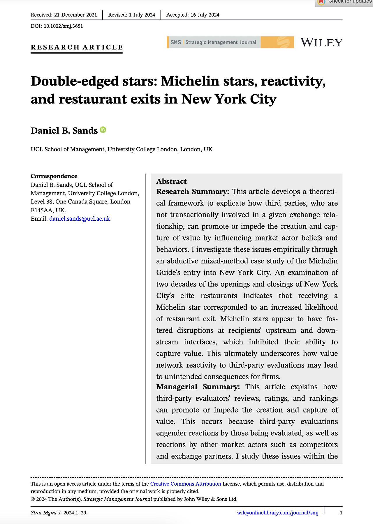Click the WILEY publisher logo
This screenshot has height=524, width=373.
coord(321,43)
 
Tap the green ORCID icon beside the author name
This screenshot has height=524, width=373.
coord(103,130)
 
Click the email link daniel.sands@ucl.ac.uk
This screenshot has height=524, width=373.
coord(80,219)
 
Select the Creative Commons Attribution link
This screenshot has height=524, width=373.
coord(186,484)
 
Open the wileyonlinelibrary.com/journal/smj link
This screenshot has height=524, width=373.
coord(278,513)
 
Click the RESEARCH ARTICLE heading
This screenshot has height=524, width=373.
coord(77,47)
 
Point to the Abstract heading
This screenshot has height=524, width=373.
coord(171,181)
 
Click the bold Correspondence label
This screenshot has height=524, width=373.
coord(54,176)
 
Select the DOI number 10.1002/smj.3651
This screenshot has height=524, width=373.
coord(63,26)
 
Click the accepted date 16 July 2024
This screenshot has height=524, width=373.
coord(205,15)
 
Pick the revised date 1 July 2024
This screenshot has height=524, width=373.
coord(142,15)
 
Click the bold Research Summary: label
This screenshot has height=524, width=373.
coord(193,192)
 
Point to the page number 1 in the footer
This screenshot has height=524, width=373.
coord(341,513)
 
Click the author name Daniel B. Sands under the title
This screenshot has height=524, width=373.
coord(64,130)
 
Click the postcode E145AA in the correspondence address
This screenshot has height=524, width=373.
coord(42,210)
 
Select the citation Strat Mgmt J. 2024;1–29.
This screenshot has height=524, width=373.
coord(59,513)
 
